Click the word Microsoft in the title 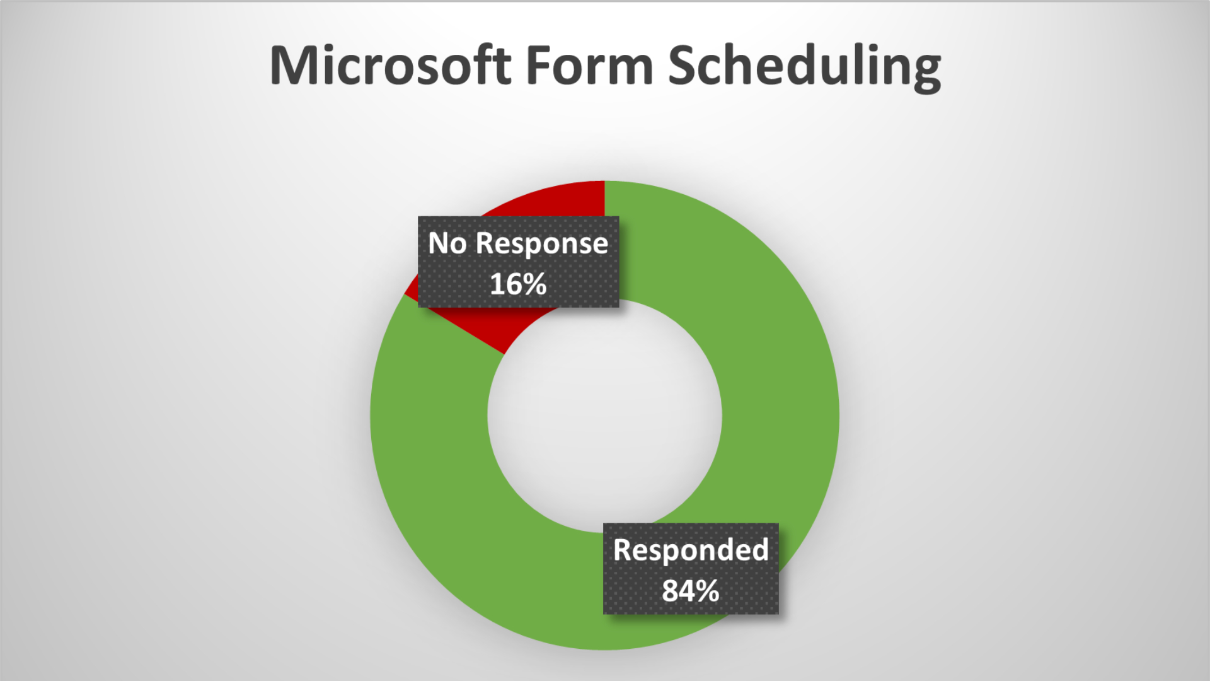(x=390, y=66)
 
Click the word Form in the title (x=589, y=66)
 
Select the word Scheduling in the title (x=804, y=67)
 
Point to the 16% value (x=518, y=284)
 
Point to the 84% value (x=690, y=591)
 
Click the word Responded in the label (x=691, y=550)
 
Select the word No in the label (x=447, y=243)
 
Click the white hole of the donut (x=604, y=416)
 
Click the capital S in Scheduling (x=684, y=66)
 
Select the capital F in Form (x=538, y=66)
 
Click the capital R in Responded (x=624, y=550)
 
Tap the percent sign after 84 (x=707, y=591)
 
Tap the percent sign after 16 (x=534, y=284)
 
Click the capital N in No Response (x=439, y=243)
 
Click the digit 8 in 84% (x=671, y=591)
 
